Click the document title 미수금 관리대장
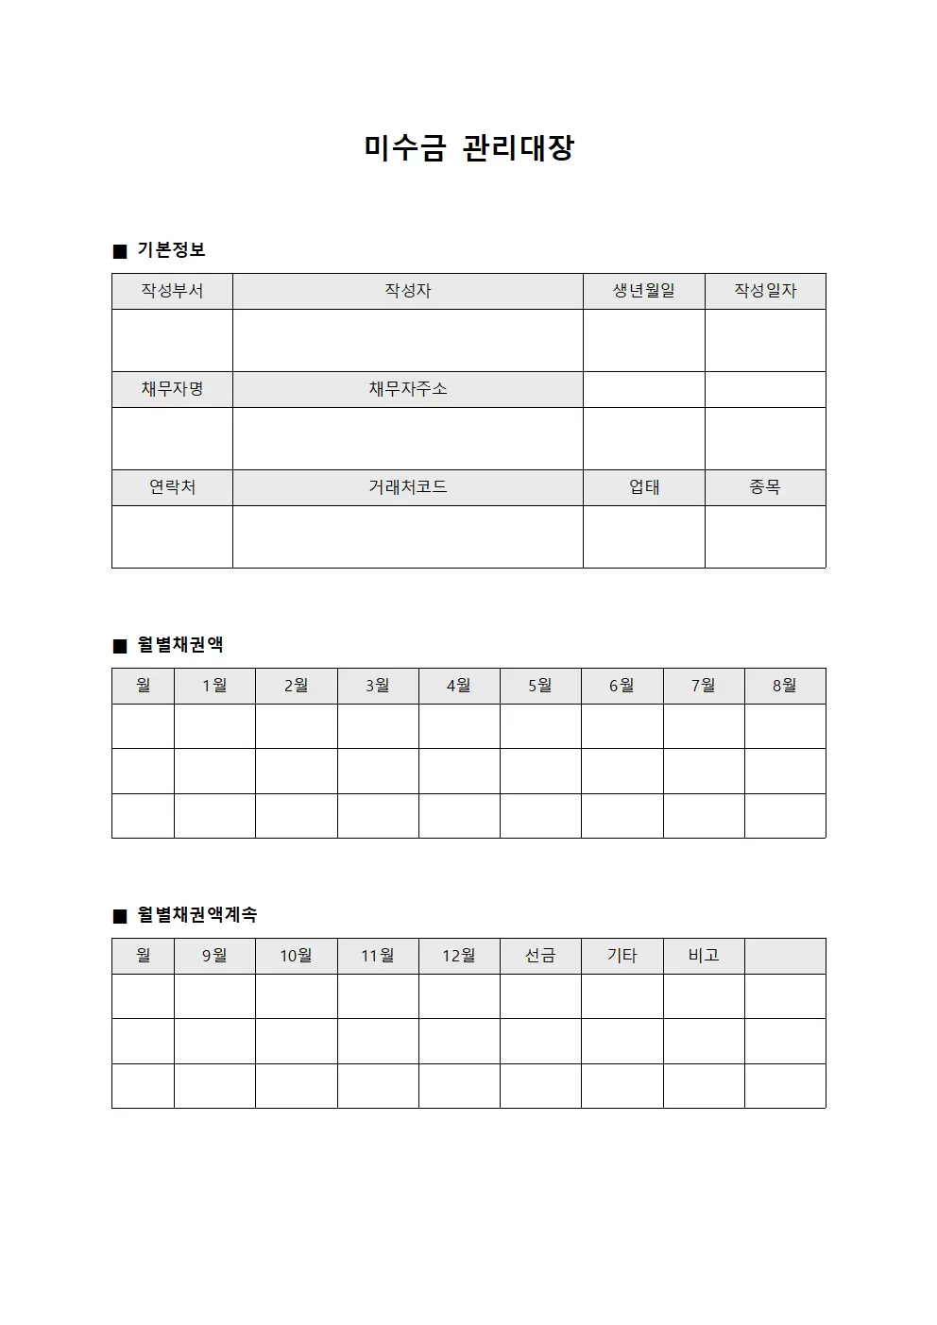(x=468, y=147)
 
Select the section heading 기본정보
(x=171, y=250)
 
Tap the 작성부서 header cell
(x=172, y=291)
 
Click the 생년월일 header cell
(x=643, y=291)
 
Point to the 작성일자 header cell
(x=765, y=291)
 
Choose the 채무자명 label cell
(x=172, y=389)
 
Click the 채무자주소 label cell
(x=407, y=389)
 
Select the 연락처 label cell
(x=172, y=487)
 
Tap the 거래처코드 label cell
(x=407, y=487)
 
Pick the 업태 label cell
(x=643, y=487)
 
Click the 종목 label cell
(x=765, y=487)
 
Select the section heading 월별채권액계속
(x=196, y=915)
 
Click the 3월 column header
(x=378, y=686)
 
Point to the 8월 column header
(x=785, y=686)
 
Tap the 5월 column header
(x=540, y=686)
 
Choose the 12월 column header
(x=459, y=956)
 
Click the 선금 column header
(x=540, y=956)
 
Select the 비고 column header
(x=704, y=956)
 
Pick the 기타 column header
(x=622, y=956)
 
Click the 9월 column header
(x=214, y=956)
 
